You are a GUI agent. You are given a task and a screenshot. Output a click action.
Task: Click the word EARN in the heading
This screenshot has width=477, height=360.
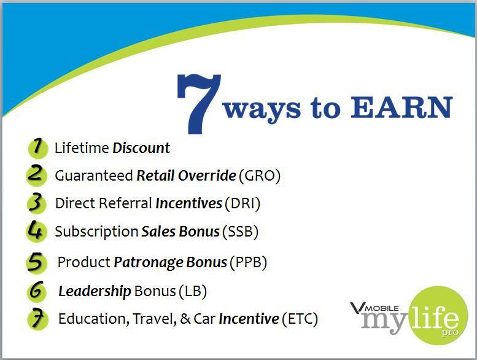(401, 107)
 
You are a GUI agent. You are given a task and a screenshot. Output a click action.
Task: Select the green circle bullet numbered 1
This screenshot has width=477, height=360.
(38, 149)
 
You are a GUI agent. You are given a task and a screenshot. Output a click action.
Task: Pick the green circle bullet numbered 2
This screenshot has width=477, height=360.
(36, 175)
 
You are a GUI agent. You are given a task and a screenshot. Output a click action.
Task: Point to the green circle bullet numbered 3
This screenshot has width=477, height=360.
(36, 203)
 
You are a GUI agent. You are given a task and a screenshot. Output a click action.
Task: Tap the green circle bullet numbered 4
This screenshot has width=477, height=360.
(36, 231)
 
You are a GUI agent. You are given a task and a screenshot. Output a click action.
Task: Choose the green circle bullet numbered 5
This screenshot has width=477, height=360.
(36, 262)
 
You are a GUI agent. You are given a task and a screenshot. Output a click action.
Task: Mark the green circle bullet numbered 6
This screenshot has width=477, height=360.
(37, 291)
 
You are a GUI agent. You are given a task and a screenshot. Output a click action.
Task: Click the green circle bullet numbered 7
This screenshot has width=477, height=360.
(37, 319)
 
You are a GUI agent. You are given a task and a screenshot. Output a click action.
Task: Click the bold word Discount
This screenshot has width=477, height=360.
(141, 148)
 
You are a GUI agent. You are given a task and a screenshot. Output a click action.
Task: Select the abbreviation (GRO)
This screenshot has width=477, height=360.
(260, 176)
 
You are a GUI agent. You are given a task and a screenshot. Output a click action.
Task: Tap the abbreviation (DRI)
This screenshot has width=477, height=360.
(242, 203)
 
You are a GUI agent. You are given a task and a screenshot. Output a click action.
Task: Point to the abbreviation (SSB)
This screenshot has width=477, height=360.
(240, 232)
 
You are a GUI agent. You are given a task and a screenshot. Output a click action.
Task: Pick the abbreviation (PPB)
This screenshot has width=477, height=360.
(248, 262)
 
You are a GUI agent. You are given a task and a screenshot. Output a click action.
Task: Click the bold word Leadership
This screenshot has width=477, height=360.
(95, 292)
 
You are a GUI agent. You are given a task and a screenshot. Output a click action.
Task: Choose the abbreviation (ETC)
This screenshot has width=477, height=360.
(300, 319)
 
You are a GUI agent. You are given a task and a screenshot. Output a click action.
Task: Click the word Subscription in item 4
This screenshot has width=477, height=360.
(96, 232)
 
